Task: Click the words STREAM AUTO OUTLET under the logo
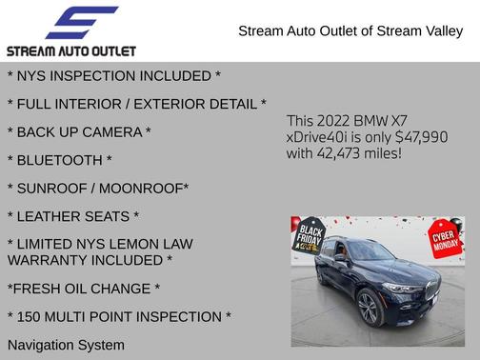(71, 50)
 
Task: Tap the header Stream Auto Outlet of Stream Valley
(350, 30)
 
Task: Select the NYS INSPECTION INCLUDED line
(113, 75)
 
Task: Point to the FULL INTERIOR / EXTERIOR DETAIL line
(136, 104)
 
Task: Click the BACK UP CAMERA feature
(79, 131)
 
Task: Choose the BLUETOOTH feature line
(59, 160)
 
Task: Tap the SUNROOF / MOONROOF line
(98, 188)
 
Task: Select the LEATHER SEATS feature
(73, 216)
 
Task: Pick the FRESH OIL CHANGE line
(84, 289)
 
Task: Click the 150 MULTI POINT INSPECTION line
(119, 316)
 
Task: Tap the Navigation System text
(66, 344)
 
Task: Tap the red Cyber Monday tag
(445, 237)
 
